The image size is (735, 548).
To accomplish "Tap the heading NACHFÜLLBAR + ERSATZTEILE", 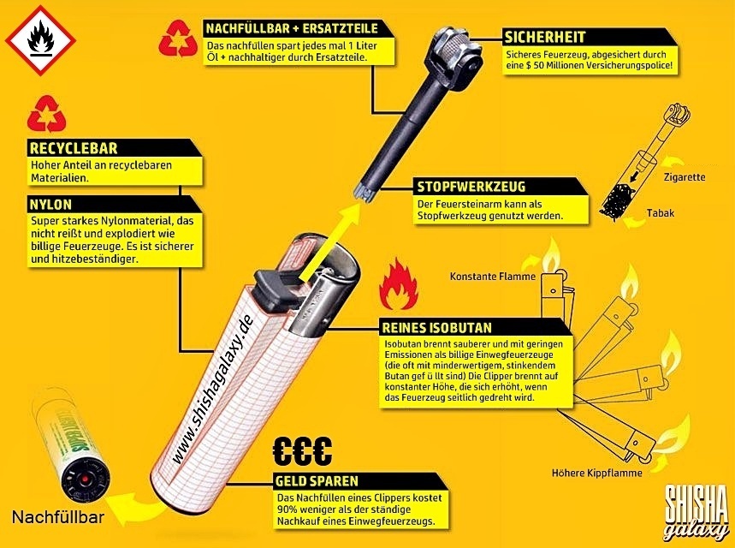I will click(291, 28).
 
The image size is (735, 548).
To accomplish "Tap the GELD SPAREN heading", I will click(317, 481).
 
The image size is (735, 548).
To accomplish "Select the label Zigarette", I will click(684, 178).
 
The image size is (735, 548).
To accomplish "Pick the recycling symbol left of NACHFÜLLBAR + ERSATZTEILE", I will click(177, 39).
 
